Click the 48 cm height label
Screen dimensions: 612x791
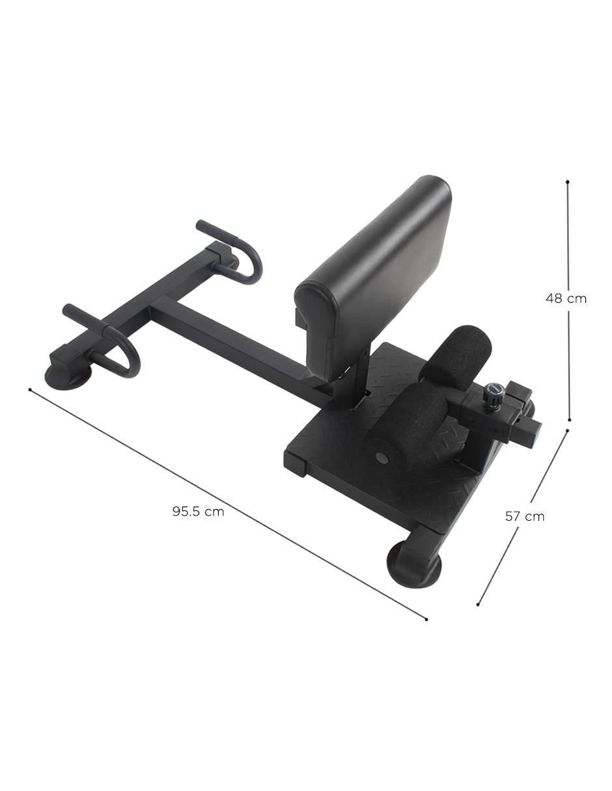[x=566, y=299]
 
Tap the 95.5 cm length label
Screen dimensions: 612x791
[x=199, y=512]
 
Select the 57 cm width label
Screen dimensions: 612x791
[x=525, y=516]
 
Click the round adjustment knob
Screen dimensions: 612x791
[x=493, y=393]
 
